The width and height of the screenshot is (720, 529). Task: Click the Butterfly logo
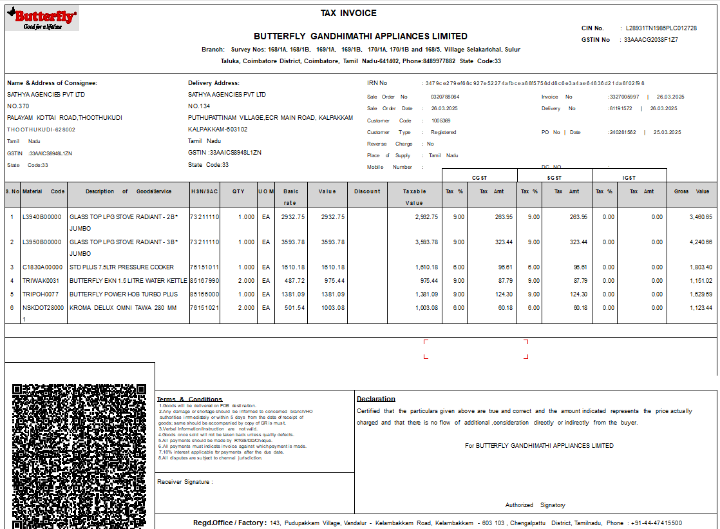[x=43, y=19]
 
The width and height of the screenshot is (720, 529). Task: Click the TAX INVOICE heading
[x=348, y=13]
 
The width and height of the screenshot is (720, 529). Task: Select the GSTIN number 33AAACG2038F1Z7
[x=650, y=40]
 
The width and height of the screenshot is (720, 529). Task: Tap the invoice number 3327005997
[x=624, y=97]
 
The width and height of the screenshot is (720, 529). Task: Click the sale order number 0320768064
[x=445, y=97]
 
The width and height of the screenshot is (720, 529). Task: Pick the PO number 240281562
[x=622, y=132]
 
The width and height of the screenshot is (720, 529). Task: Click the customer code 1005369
[x=441, y=120]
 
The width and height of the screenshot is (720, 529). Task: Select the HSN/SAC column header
[x=205, y=191]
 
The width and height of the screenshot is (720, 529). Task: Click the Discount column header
[x=367, y=191]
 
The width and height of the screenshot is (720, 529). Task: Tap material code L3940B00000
[x=42, y=217]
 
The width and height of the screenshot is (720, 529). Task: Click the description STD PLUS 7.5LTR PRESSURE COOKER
[x=122, y=267]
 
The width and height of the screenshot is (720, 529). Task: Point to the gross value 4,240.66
[x=699, y=242]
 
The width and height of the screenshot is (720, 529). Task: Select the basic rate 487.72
[x=292, y=280]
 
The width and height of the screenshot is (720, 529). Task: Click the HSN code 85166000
[x=205, y=294]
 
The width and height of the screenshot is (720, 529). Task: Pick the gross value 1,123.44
[x=699, y=307]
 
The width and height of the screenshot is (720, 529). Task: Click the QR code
[x=79, y=454]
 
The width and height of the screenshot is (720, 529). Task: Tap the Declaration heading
[x=376, y=399]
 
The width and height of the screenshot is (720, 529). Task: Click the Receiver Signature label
[x=185, y=481]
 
